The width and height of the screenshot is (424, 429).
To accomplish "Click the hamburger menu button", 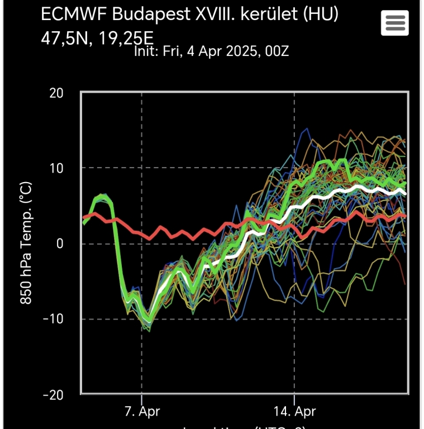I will click(x=394, y=23).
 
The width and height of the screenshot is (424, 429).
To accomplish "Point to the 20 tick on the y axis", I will click(x=56, y=93).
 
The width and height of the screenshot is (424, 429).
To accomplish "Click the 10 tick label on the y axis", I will click(x=56, y=168).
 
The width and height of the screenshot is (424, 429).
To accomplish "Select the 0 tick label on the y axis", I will click(x=60, y=244).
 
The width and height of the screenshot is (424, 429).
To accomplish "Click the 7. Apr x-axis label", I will click(x=142, y=412).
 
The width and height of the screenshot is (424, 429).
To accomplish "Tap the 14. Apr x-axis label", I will click(x=294, y=412).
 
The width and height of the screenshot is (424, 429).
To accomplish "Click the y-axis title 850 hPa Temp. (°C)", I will click(x=25, y=243).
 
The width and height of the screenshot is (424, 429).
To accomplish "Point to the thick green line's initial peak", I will click(x=102, y=197).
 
